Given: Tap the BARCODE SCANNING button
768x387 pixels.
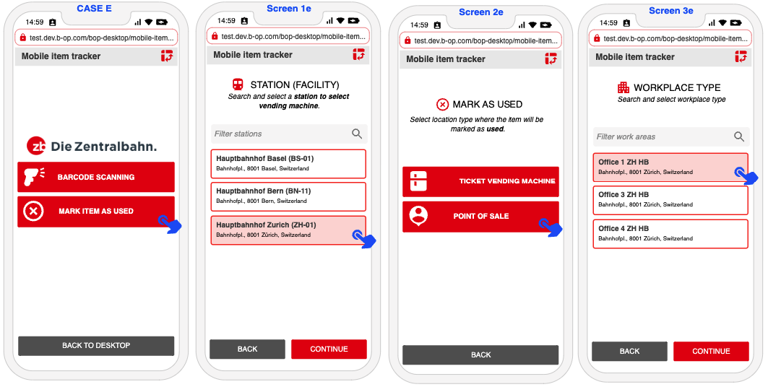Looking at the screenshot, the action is (x=96, y=177).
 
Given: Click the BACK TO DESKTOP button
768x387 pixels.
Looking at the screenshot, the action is (x=96, y=345).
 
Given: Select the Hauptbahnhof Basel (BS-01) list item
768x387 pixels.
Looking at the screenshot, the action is (x=288, y=164).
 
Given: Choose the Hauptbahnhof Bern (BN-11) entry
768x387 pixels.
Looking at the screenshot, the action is (x=288, y=196).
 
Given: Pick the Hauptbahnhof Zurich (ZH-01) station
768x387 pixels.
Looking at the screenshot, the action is (x=288, y=230).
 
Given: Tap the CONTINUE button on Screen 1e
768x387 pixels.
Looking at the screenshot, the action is (x=329, y=349).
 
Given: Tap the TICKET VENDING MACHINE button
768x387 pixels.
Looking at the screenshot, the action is (x=480, y=181).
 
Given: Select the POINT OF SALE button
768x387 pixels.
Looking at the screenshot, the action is (x=480, y=217).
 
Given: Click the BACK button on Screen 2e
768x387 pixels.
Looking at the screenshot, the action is (x=480, y=355).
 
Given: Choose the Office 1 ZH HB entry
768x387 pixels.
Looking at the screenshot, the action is (x=670, y=167).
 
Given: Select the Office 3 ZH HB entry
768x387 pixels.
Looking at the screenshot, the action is (x=670, y=200).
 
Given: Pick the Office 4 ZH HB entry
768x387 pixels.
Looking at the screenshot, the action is (x=670, y=234).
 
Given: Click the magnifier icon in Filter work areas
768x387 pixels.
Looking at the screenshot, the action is (x=739, y=136).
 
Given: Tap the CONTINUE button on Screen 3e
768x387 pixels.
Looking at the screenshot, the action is (x=711, y=352).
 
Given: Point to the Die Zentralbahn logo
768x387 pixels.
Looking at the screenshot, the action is (x=92, y=146).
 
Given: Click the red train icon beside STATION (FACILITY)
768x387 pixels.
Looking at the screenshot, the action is (x=238, y=84).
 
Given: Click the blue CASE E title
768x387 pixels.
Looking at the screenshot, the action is (x=94, y=9).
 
